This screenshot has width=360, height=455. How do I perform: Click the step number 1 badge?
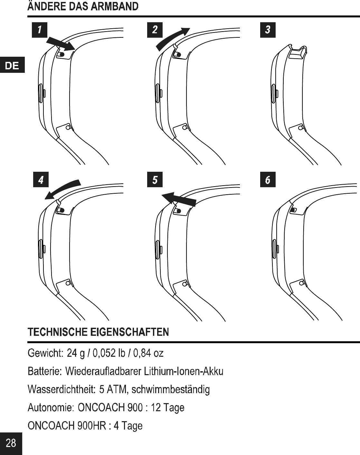pos(40,30)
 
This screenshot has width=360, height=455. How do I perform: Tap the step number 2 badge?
pos(155,30)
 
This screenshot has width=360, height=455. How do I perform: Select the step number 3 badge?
pos(268,30)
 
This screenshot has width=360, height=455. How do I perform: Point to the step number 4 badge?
pos(41,179)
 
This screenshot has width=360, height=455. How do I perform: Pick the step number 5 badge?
pos(155,179)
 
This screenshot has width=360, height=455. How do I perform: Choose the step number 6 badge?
pos(268,179)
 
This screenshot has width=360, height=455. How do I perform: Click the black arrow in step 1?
pos(61,44)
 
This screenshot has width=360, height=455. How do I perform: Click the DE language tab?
pos(12,66)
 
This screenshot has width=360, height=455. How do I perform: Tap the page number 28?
pos(11,443)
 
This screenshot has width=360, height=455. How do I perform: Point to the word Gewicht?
pos(45,353)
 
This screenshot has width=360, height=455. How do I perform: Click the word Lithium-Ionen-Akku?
pos(183,372)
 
